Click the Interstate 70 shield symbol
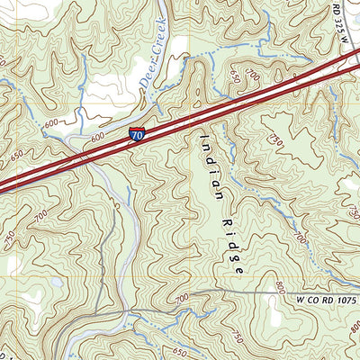(x=136, y=134)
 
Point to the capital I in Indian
(x=204, y=136)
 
